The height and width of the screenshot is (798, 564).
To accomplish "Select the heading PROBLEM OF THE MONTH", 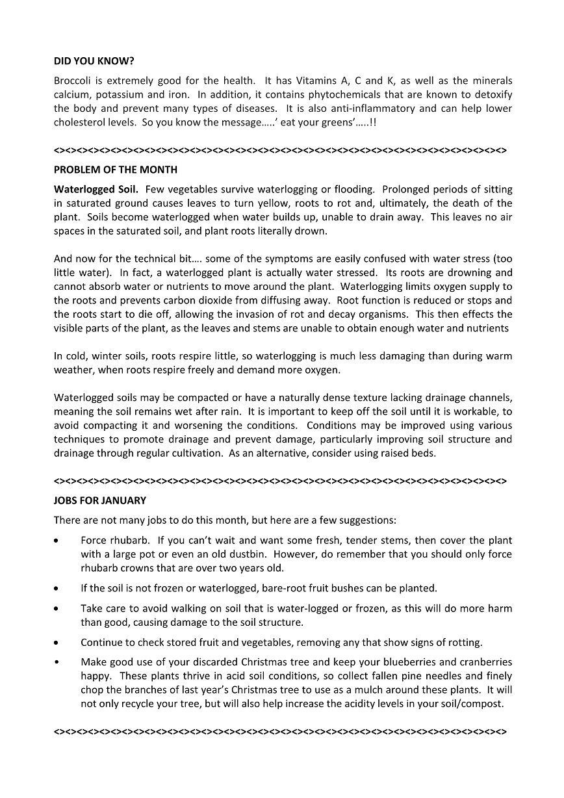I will (x=116, y=170).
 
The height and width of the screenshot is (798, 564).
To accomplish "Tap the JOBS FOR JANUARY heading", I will (x=100, y=500).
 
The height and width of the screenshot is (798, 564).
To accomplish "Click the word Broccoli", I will (x=72, y=81).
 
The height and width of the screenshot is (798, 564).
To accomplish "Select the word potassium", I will (x=106, y=94).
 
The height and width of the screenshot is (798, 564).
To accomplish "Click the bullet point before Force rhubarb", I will (x=58, y=541).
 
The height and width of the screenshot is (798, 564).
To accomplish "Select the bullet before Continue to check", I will (x=58, y=643).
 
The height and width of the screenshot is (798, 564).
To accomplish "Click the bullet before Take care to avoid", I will (x=58, y=609).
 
